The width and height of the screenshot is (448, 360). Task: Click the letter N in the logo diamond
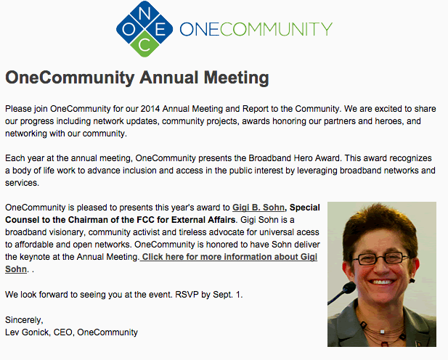click(x=144, y=14)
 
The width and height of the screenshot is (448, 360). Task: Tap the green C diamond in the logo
click(x=144, y=44)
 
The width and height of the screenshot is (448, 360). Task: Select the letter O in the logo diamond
click(x=129, y=29)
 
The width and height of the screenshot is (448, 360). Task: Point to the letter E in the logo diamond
click(x=160, y=29)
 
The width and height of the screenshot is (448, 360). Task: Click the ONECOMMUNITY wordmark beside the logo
click(x=256, y=29)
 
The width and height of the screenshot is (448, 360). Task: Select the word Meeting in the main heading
click(x=236, y=78)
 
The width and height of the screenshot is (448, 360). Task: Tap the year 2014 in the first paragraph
click(x=150, y=109)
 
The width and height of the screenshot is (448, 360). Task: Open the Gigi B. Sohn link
click(x=258, y=208)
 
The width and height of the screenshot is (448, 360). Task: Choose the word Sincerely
click(x=24, y=320)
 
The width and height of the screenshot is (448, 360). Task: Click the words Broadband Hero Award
click(x=294, y=158)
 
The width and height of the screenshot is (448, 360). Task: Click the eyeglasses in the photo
click(x=380, y=258)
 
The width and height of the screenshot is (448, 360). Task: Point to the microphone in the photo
click(x=342, y=292)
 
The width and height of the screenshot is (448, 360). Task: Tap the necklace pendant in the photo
click(x=382, y=332)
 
